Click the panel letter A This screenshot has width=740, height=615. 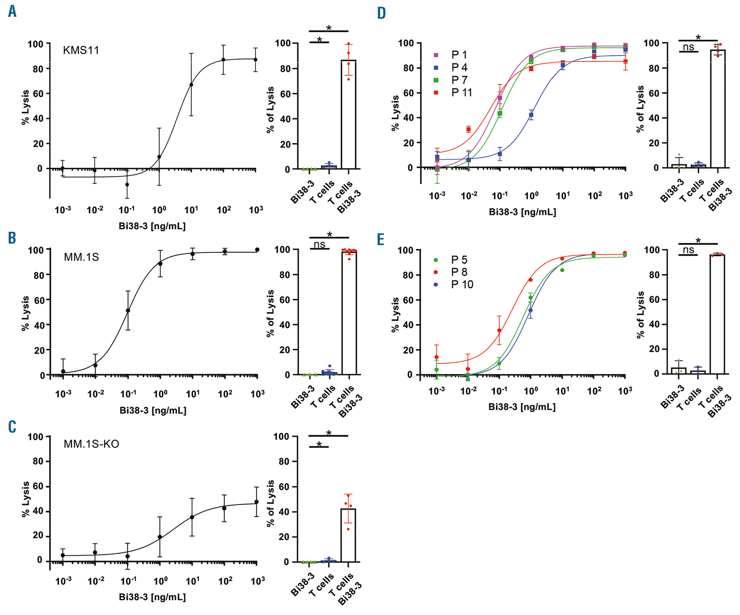click(12, 11)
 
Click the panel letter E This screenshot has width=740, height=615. click(381, 240)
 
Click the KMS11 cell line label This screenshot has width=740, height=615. click(81, 50)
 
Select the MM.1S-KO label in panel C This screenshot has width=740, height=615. click(91, 444)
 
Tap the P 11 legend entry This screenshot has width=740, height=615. click(461, 93)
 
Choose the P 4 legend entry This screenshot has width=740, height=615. click(459, 68)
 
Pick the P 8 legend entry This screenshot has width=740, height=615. click(459, 272)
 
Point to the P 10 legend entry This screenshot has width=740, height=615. click(462, 284)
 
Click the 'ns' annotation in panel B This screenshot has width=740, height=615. click(319, 244)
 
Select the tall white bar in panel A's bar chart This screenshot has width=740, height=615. click(349, 114)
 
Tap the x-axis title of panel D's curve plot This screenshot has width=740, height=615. click(522, 212)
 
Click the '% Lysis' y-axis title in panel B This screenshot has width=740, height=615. click(26, 313)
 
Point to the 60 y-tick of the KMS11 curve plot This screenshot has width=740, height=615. click(38, 94)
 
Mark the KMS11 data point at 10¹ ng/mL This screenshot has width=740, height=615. click(191, 85)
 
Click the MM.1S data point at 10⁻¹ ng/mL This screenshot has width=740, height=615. click(128, 311)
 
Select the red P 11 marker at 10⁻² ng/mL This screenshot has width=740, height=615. click(468, 129)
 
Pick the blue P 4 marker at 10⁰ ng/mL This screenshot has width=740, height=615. click(531, 115)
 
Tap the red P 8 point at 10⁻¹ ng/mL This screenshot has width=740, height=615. click(499, 330)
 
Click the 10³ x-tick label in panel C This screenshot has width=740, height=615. click(258, 581)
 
